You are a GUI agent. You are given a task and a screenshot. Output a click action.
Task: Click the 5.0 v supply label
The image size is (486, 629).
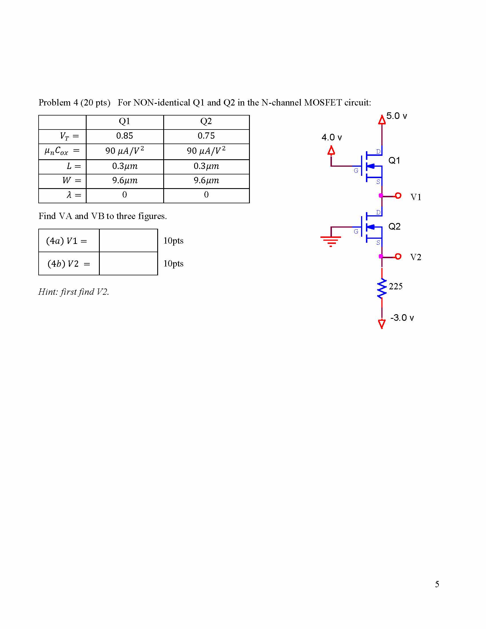click(397, 116)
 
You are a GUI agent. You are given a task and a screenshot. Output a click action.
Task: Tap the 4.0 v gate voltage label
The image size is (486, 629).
click(332, 137)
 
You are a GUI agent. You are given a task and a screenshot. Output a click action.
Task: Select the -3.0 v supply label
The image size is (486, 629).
click(402, 318)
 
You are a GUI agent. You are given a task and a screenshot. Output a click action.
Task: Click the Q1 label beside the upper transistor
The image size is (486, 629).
click(394, 160)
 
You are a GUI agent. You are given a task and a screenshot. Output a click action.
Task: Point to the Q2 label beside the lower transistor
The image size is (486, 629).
click(394, 226)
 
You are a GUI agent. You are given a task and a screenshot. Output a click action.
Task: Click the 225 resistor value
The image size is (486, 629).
click(395, 286)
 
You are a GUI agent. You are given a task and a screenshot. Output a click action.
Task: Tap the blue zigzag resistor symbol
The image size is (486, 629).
click(382, 288)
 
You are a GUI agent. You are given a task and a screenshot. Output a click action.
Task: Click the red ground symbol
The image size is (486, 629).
click(331, 241)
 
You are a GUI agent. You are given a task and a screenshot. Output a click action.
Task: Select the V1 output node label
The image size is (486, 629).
click(416, 197)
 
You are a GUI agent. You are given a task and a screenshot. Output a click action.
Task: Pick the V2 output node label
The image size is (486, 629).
click(416, 257)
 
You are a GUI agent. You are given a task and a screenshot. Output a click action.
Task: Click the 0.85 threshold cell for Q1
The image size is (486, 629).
click(125, 136)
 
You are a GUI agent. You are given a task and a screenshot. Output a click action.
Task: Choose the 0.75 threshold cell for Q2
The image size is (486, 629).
click(206, 136)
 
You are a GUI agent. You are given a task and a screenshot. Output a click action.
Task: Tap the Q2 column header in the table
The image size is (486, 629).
click(206, 121)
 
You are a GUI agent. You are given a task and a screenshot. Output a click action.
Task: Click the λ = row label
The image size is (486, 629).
click(74, 195)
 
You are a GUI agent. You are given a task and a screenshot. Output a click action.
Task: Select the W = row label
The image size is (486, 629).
click(72, 181)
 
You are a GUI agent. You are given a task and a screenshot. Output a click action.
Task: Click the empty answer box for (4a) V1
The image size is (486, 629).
click(128, 241)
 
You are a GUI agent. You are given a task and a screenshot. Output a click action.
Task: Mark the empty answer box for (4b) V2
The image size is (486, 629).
click(128, 264)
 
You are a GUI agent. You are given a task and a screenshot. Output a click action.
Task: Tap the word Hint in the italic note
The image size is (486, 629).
click(47, 292)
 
